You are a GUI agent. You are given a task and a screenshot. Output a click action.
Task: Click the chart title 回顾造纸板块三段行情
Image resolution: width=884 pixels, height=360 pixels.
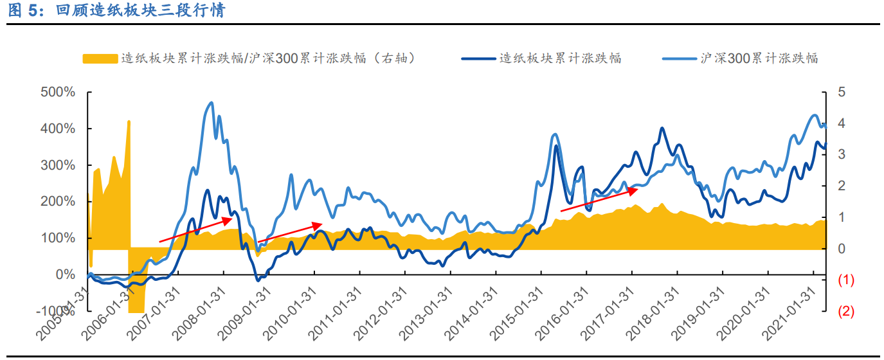140,11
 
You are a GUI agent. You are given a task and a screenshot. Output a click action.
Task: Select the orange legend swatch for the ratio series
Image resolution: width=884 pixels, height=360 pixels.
100,59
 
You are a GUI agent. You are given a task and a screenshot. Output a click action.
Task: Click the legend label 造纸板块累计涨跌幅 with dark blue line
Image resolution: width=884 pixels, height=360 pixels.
560,59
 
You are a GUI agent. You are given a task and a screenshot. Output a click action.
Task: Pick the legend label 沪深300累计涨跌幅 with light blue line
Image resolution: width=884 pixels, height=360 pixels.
759,59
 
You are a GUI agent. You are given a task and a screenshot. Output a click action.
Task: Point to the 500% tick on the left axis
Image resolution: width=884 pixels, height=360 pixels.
58,92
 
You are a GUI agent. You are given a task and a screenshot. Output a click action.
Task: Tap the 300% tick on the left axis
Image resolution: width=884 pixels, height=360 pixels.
58,165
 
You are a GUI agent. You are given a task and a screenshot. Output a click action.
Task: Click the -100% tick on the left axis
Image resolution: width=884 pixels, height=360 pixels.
56,311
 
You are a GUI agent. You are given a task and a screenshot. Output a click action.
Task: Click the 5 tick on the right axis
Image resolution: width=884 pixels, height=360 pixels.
842,92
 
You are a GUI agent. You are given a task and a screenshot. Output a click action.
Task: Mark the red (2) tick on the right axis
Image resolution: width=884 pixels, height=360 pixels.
845,312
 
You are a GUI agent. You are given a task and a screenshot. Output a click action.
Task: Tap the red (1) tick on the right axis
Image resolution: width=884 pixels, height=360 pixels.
845,280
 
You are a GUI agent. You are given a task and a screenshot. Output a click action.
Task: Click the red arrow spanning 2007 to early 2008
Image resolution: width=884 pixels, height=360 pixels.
195,230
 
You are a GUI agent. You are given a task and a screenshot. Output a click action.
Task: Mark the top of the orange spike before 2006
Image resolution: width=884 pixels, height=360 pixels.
129,121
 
